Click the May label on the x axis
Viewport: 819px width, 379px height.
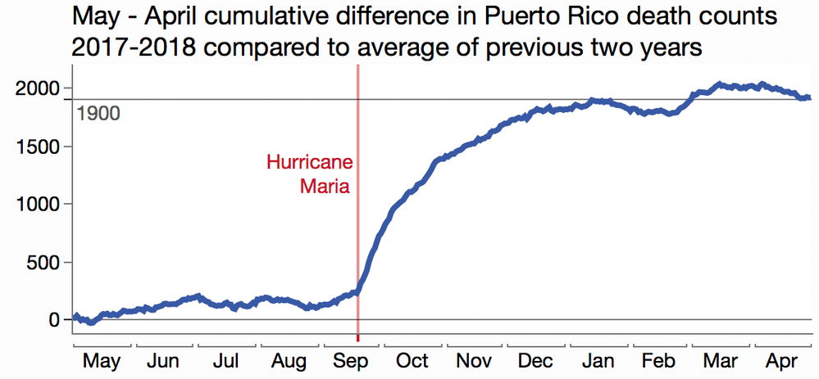102,362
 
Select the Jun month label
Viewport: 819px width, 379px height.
163,362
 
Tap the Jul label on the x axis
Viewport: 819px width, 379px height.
225,362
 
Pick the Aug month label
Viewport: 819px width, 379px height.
289,362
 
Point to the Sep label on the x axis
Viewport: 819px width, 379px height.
351,362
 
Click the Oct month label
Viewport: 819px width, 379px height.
412,362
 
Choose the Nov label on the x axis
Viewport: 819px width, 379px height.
475,362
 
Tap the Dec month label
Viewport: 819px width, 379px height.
537,362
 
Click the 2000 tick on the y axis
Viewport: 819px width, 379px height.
38,88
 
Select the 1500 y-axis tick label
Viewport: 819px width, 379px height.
38,147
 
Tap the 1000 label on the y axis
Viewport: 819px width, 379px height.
38,205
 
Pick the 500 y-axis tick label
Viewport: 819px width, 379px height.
43,263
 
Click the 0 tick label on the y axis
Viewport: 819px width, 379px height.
55,320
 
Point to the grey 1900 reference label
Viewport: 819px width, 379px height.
98,113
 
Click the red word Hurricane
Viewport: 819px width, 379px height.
308,162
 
